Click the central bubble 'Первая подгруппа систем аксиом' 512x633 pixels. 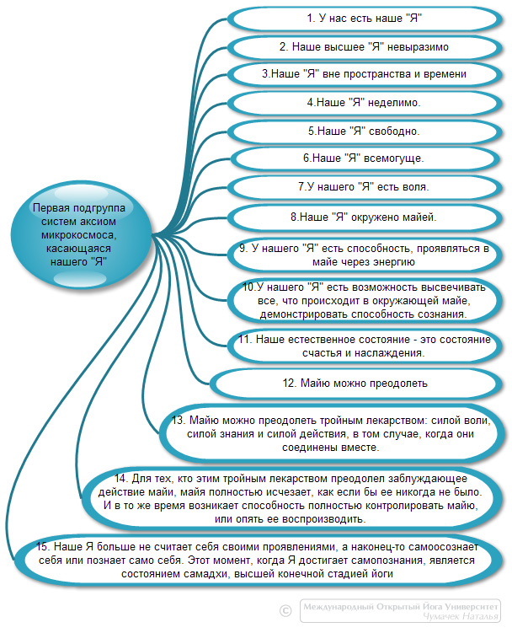(x=80, y=234)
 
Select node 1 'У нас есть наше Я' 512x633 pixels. (x=365, y=19)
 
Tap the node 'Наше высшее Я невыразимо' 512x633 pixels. (x=365, y=47)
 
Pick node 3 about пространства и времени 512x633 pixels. (x=365, y=74)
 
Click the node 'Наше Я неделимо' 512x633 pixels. (x=365, y=103)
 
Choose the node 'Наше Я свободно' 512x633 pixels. (x=365, y=131)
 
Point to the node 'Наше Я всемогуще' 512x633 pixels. (x=365, y=158)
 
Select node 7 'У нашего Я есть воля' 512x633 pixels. (x=365, y=187)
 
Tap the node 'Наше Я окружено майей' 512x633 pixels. (x=365, y=217)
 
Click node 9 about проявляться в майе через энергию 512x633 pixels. (x=365, y=255)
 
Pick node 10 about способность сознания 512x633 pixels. (x=365, y=301)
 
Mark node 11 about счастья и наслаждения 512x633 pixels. (x=365, y=346)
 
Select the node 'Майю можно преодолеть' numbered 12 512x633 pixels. (x=356, y=384)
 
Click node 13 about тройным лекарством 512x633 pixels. (x=331, y=434)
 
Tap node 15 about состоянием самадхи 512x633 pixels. (x=259, y=561)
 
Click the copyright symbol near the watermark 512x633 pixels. (x=285, y=610)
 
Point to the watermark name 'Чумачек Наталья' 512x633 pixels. (x=461, y=616)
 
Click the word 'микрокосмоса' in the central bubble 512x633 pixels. (x=78, y=235)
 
